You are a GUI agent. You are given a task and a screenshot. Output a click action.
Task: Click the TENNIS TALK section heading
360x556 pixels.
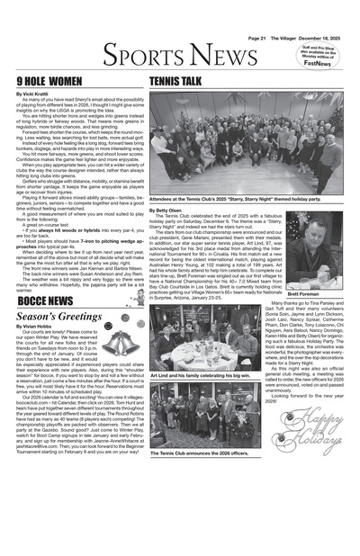click(175, 81)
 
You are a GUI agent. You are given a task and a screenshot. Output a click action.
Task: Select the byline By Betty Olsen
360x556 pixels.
click(174, 210)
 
